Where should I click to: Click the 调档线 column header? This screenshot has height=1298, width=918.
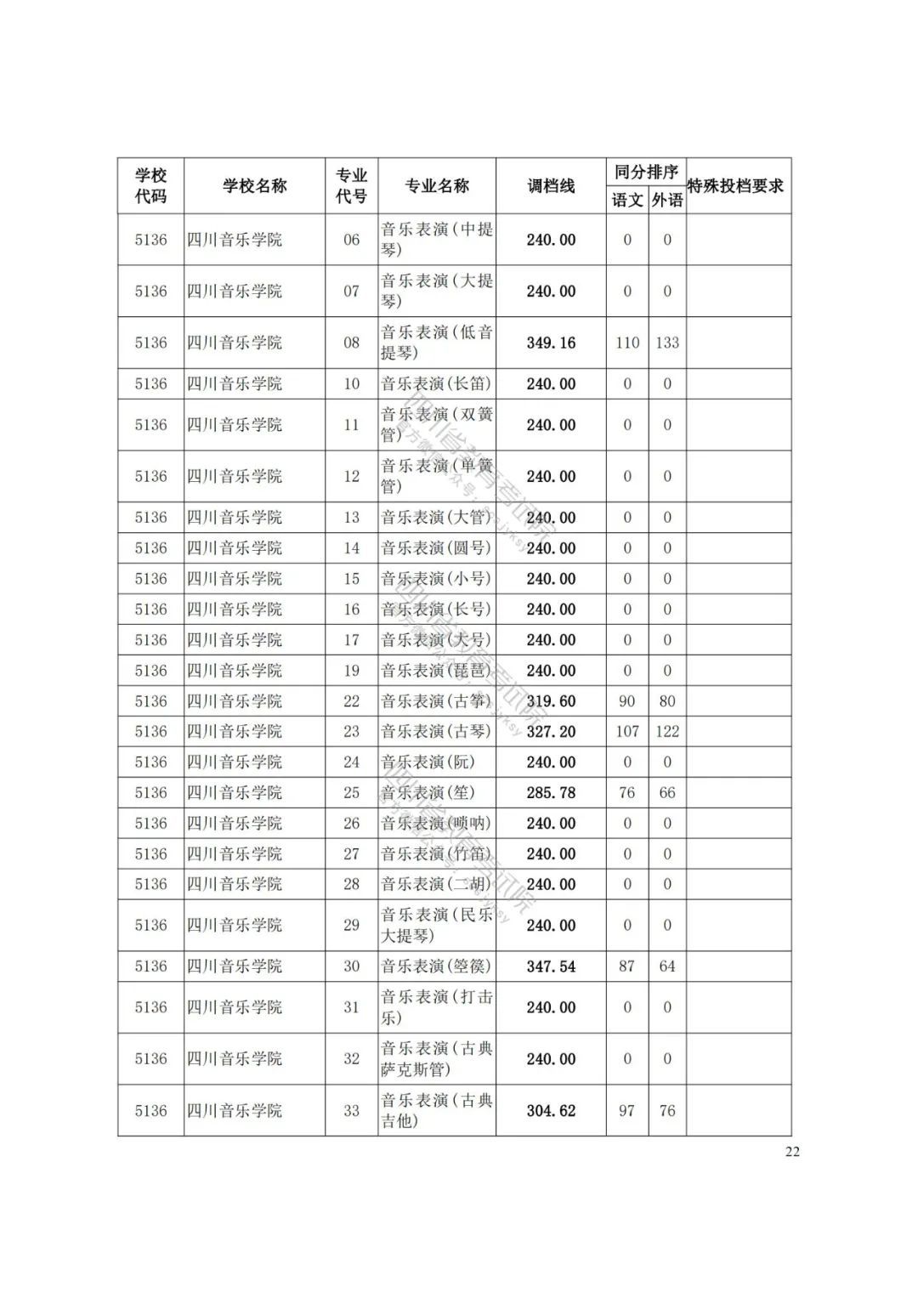click(x=551, y=185)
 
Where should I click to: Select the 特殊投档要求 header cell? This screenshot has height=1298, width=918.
click(x=735, y=185)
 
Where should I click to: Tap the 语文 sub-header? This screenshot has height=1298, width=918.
click(x=627, y=200)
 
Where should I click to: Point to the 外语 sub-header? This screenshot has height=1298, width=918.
click(x=667, y=200)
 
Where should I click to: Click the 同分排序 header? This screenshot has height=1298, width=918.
click(x=646, y=172)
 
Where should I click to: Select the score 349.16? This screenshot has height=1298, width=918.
click(x=551, y=343)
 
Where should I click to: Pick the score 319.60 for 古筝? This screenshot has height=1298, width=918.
click(x=551, y=701)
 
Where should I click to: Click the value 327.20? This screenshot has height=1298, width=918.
click(x=551, y=732)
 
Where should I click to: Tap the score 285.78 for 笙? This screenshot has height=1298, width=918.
click(x=551, y=793)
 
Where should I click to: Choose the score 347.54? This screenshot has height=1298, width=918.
click(x=551, y=966)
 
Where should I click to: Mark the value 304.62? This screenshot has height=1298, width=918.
click(x=551, y=1110)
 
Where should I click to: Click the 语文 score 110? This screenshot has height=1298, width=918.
click(x=627, y=343)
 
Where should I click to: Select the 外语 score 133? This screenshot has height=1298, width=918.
click(x=667, y=343)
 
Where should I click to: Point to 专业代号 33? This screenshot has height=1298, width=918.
click(x=352, y=1110)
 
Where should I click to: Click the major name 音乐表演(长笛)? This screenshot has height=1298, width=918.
click(x=436, y=384)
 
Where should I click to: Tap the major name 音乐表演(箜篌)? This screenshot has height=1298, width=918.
click(x=436, y=966)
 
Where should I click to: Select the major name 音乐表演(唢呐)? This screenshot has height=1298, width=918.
click(x=436, y=824)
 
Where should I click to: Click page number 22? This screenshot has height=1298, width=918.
click(x=792, y=1152)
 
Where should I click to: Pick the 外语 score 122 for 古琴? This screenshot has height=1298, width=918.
click(x=667, y=732)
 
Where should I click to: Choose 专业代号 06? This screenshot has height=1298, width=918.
click(x=352, y=240)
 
